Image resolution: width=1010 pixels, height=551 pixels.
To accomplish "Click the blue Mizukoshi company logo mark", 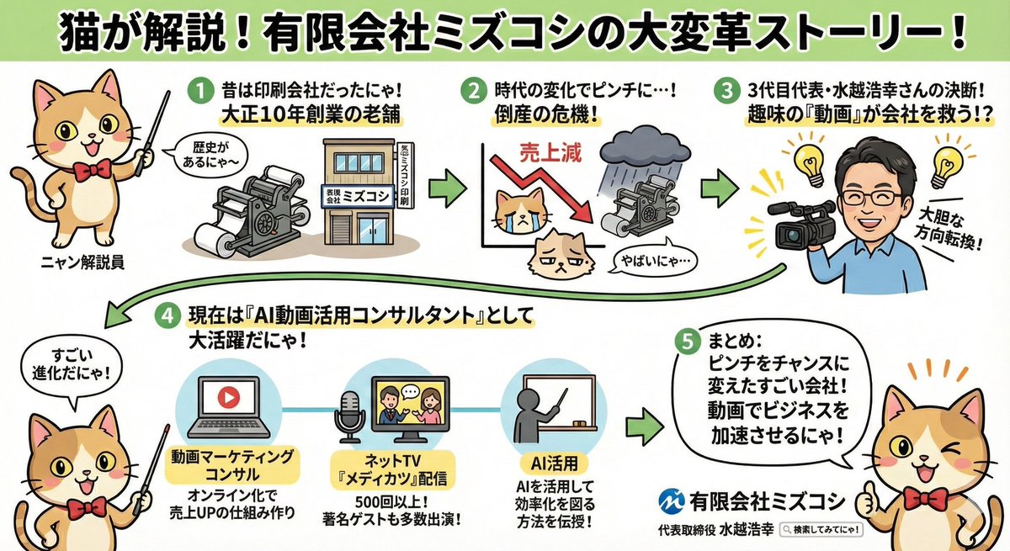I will (673, 500).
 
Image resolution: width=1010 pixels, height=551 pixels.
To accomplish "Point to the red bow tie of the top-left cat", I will (91, 169).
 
